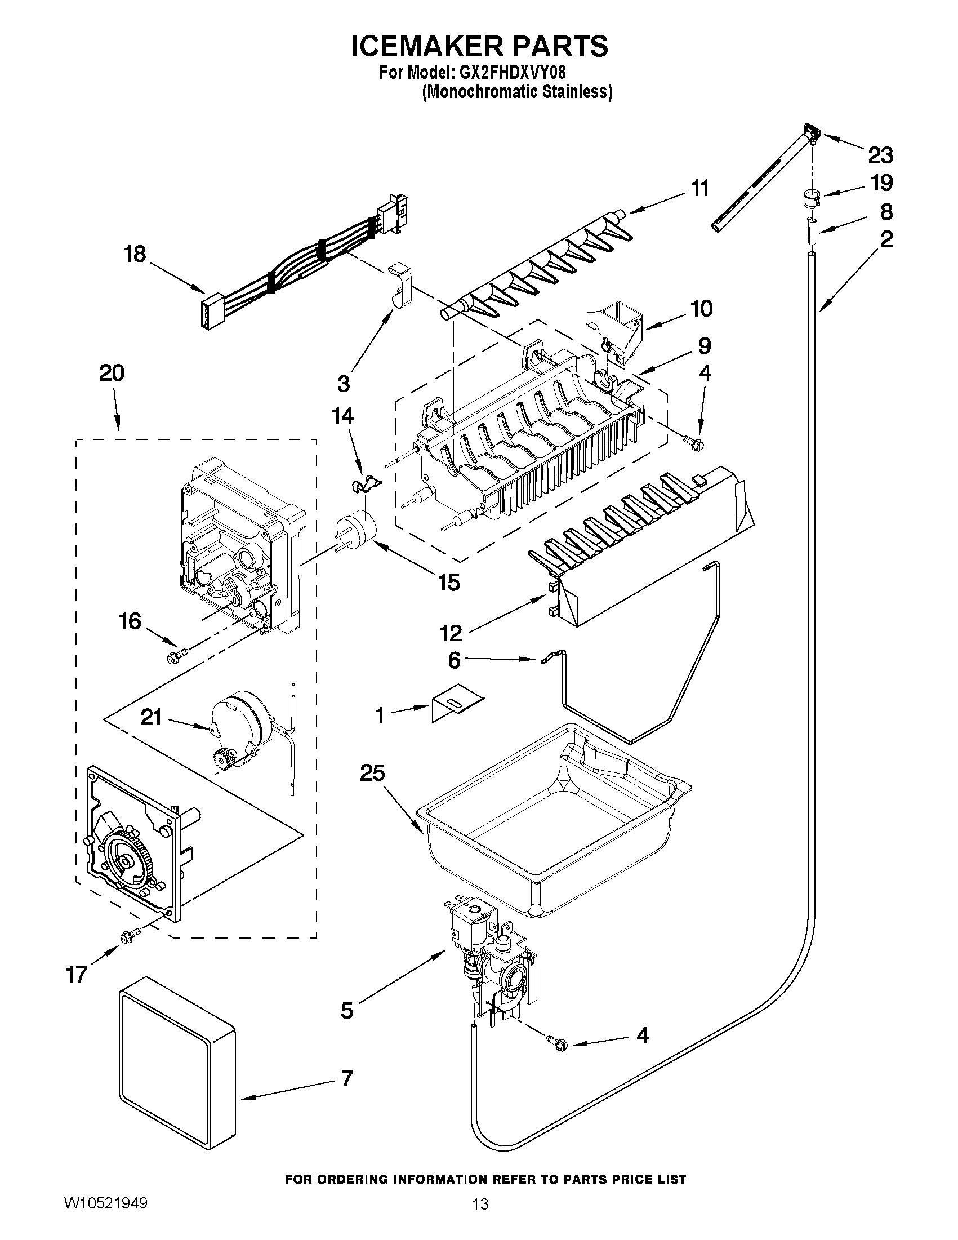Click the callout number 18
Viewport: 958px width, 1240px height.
[135, 254]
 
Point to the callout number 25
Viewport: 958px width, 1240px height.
[372, 773]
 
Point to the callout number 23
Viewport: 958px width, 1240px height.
[880, 154]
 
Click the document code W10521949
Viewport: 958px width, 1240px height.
[105, 1201]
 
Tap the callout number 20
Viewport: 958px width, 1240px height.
[112, 373]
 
